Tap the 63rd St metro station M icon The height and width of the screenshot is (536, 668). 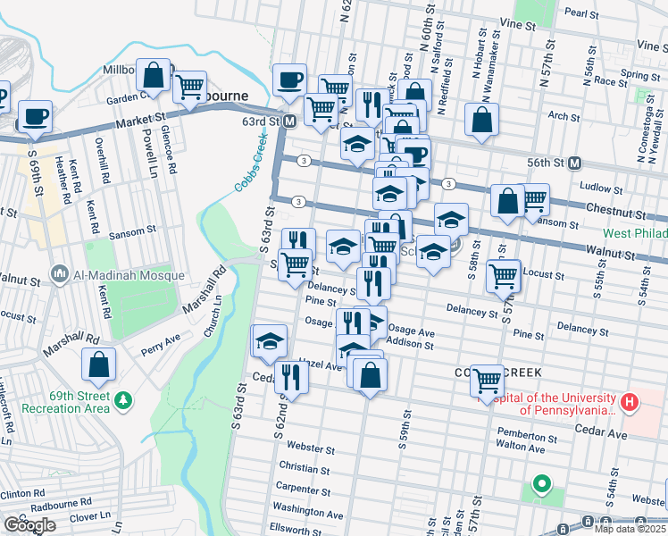tap(290, 121)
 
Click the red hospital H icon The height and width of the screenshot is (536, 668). tap(630, 403)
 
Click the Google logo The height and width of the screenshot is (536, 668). tap(30, 525)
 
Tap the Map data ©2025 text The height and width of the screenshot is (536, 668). tap(630, 530)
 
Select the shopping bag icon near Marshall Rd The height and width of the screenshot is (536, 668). tap(98, 364)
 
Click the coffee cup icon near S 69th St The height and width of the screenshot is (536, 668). tap(35, 117)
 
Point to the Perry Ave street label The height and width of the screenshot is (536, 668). tap(162, 339)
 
